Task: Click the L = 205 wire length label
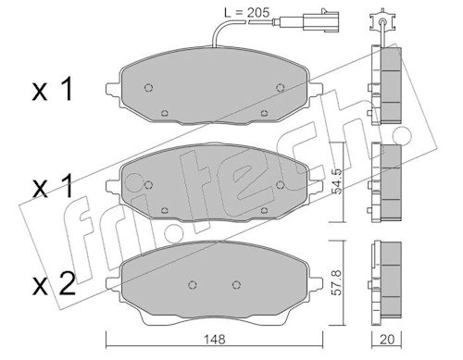pyautogui.click(x=246, y=13)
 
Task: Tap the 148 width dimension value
pyautogui.click(x=215, y=340)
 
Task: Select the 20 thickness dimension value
pyautogui.click(x=387, y=340)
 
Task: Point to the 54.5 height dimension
pyautogui.click(x=337, y=181)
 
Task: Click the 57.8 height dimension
pyautogui.click(x=337, y=282)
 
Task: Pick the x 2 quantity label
pyautogui.click(x=54, y=284)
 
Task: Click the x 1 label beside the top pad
pyautogui.click(x=53, y=90)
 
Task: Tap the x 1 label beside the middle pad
pyautogui.click(x=53, y=186)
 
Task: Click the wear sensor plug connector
pyautogui.click(x=320, y=20)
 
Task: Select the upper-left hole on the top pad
pyautogui.click(x=149, y=88)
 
